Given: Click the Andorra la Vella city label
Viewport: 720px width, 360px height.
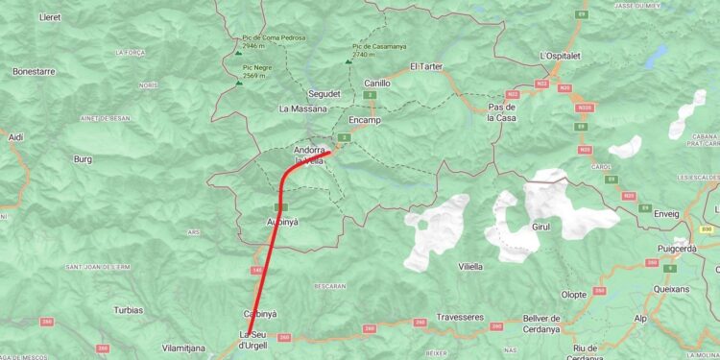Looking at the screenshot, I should point(308,156).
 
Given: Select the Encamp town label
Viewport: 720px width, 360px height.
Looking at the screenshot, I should point(365,120).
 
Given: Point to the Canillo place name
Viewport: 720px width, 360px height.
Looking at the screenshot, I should point(377,84).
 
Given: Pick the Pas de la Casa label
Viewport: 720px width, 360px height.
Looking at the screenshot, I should point(502,112).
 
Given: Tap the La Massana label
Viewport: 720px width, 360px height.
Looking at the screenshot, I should point(303,108).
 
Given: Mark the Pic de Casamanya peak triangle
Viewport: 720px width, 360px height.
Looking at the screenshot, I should point(348,61).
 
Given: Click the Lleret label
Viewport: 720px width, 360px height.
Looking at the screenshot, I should point(49,17).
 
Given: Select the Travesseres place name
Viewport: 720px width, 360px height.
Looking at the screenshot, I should point(460,317).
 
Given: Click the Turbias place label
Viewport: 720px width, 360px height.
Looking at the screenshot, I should point(128,310).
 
